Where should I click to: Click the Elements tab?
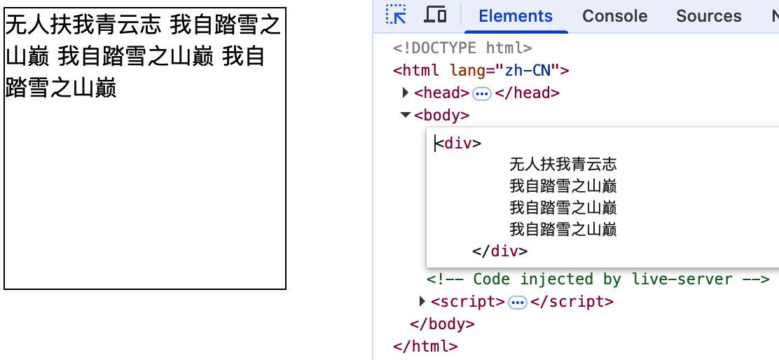coord(516,16)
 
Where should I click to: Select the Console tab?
coord(615,16)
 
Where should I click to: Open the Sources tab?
coord(708,16)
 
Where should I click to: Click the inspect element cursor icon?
coord(397,15)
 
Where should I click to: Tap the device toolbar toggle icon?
coord(436,15)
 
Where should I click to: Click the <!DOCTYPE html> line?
coord(462,48)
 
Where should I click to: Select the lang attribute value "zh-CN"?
coord(525,71)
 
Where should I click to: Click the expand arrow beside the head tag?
coord(406,93)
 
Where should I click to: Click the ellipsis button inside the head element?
coord(482,94)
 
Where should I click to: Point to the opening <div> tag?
coord(458,144)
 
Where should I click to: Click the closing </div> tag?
coord(500,251)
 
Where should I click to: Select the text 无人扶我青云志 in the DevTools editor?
coord(563,165)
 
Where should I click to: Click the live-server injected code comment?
coord(598,279)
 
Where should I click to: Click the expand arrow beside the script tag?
coord(422,302)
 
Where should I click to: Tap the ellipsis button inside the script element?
coord(518,303)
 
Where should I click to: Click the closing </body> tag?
coord(442,324)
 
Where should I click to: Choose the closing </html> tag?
coord(425,346)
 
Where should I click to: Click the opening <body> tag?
coord(441,116)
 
